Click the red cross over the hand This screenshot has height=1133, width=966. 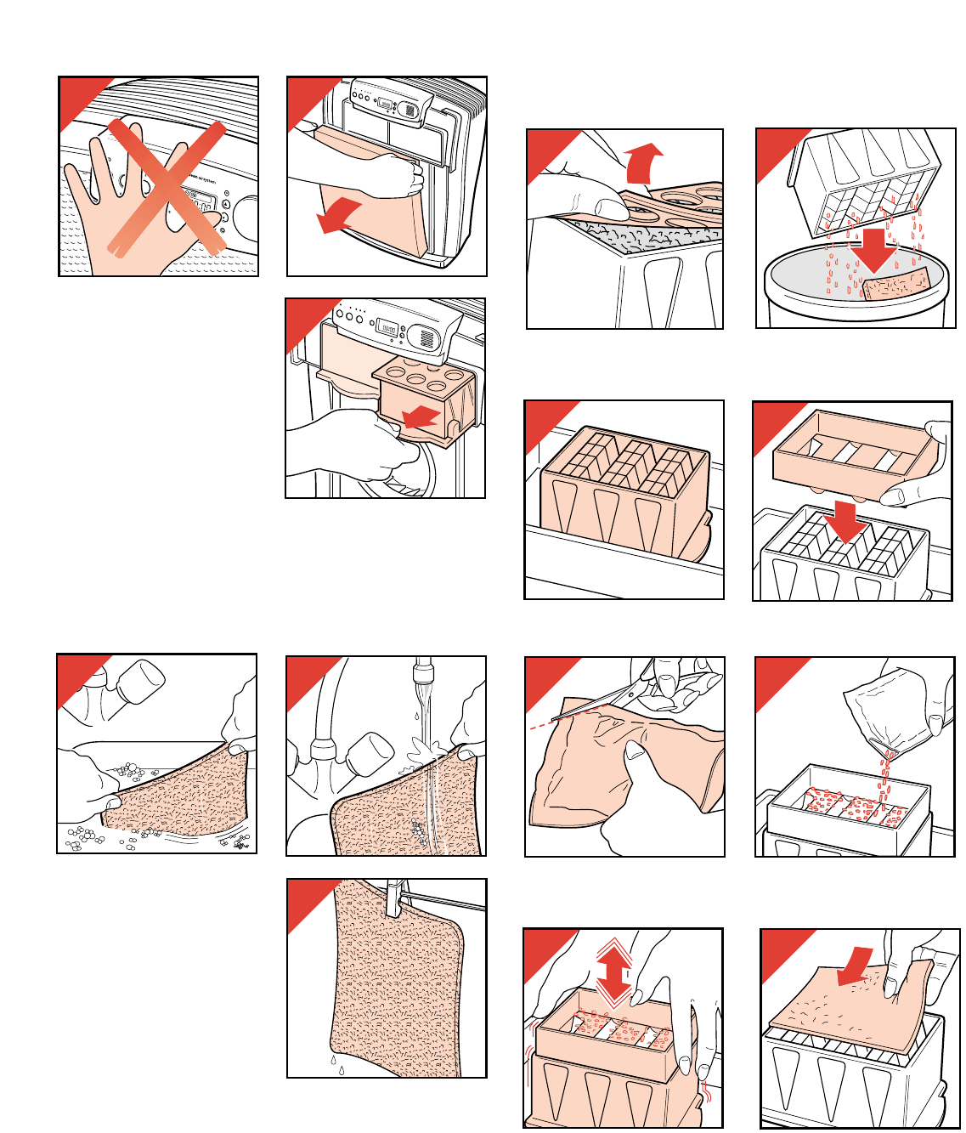[167, 187]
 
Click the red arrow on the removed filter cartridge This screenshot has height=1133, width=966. [421, 417]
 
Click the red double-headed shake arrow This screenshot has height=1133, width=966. [614, 972]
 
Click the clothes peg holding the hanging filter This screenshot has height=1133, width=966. [393, 898]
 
